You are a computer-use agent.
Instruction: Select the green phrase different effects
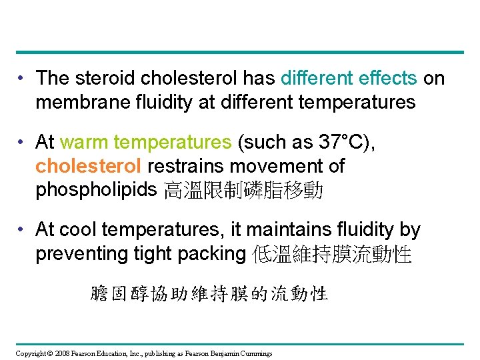coord(349,78)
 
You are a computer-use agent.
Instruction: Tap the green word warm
coord(85,142)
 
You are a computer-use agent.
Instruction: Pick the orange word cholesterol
coord(88,166)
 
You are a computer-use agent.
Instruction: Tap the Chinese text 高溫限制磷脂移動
coord(243,191)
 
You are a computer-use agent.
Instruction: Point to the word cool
coord(77,230)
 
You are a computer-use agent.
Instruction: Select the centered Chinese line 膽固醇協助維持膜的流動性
coord(209,293)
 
